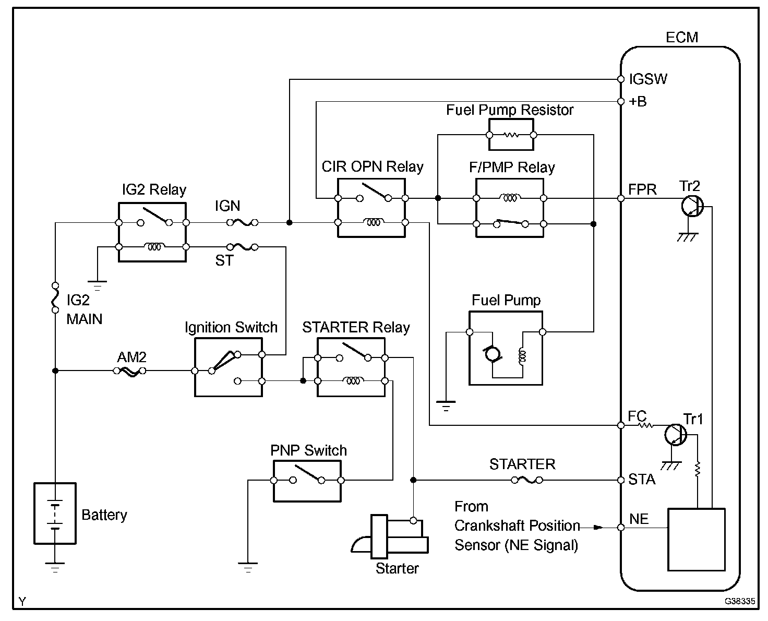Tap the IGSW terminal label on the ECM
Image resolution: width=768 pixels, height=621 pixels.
click(x=648, y=79)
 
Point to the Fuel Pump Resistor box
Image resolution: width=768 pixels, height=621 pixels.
click(x=511, y=134)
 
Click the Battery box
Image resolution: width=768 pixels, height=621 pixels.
click(x=55, y=513)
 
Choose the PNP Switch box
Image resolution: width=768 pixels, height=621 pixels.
click(x=307, y=481)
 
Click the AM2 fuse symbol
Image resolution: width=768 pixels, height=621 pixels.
click(x=129, y=371)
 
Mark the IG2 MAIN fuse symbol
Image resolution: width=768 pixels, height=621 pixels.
click(x=55, y=298)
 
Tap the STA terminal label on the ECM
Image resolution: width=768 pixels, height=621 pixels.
click(x=642, y=480)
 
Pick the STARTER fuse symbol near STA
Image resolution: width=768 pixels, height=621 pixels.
click(x=526, y=480)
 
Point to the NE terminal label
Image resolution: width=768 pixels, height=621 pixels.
click(x=639, y=519)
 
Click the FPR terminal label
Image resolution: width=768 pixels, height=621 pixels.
click(x=642, y=189)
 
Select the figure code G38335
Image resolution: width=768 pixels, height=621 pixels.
click(x=739, y=601)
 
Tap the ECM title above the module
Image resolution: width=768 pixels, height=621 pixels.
click(x=681, y=38)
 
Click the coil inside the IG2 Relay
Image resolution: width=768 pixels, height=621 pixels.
click(x=154, y=246)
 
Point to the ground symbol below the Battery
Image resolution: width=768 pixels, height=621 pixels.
click(x=55, y=566)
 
